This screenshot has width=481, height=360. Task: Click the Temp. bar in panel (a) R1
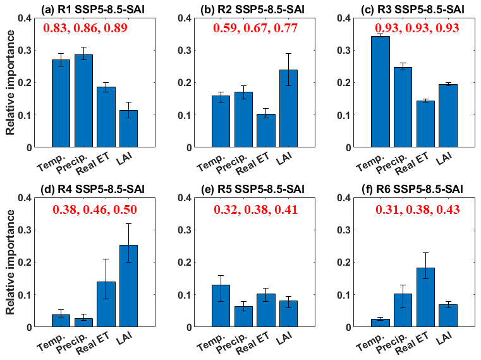pyautogui.click(x=61, y=104)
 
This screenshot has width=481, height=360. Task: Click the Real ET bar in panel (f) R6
pyautogui.click(x=425, y=297)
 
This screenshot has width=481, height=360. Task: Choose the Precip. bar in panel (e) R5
pyautogui.click(x=243, y=316)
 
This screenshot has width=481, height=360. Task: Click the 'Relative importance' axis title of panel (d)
pyautogui.click(x=11, y=262)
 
